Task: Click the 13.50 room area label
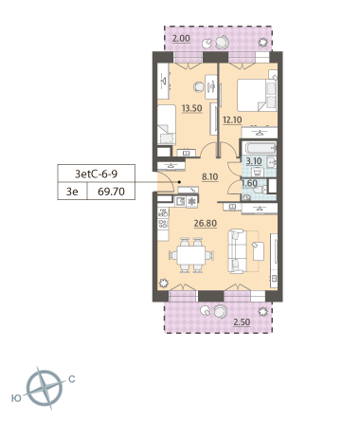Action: pyautogui.click(x=191, y=108)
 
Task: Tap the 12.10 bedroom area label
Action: pyautogui.click(x=232, y=119)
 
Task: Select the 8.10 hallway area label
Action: pyautogui.click(x=210, y=176)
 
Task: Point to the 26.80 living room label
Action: pyautogui.click(x=206, y=223)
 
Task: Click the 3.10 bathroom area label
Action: pyautogui.click(x=254, y=161)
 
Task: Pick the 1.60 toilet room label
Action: pyautogui.click(x=249, y=183)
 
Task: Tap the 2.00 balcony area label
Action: pyautogui.click(x=181, y=39)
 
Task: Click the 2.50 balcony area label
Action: pyautogui.click(x=242, y=322)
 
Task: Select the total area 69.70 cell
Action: pyautogui.click(x=111, y=192)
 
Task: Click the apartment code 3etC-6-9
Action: pyautogui.click(x=97, y=174)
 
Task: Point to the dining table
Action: pyautogui.click(x=191, y=255)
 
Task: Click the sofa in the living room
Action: pyautogui.click(x=237, y=251)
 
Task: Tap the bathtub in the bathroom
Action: pyautogui.click(x=260, y=149)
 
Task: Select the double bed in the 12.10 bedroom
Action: pyautogui.click(x=257, y=95)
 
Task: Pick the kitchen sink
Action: pyautogui.click(x=180, y=202)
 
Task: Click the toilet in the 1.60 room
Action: pyautogui.click(x=260, y=191)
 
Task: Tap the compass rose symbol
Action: pyautogui.click(x=45, y=388)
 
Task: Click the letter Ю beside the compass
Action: pyautogui.click(x=16, y=398)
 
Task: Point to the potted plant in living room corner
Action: pyautogui.click(x=163, y=284)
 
